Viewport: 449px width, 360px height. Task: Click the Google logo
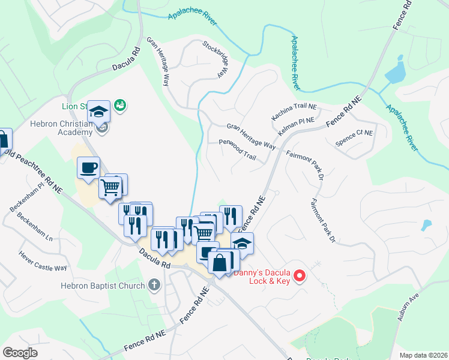[20, 353]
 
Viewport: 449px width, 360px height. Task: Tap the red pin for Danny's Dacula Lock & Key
[300, 276]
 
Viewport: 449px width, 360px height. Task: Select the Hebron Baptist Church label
[103, 286]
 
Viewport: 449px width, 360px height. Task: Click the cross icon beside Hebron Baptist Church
[154, 285]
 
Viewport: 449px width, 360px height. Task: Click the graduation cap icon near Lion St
[98, 111]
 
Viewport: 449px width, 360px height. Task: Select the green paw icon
[120, 105]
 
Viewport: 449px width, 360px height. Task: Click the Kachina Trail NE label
[294, 110]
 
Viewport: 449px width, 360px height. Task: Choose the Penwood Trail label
[238, 150]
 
